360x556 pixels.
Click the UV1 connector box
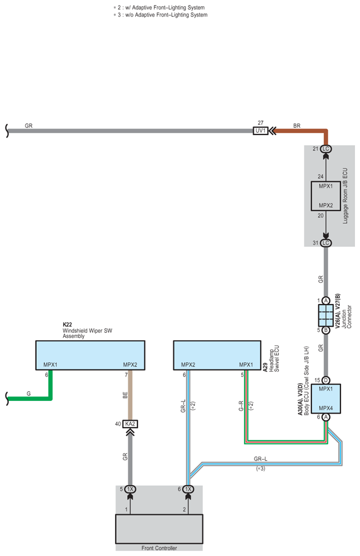point(261,131)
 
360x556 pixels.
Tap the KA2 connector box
point(130,424)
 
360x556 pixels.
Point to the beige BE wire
point(130,395)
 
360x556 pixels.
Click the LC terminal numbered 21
point(325,149)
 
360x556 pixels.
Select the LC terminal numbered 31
point(325,243)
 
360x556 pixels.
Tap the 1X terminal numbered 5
point(130,489)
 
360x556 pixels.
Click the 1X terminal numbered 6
point(188,489)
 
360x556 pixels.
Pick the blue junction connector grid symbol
point(325,316)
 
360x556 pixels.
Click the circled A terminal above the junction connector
point(325,301)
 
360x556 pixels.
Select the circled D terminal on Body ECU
point(325,380)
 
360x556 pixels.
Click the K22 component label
point(67,325)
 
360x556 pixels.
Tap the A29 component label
point(265,367)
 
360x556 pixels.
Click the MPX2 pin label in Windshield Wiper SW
point(130,365)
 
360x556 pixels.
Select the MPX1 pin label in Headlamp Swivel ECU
point(246,365)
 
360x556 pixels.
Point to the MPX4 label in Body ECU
point(325,408)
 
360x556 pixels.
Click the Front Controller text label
point(159,548)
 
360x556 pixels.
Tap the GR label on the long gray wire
point(29,126)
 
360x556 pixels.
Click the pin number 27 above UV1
point(261,123)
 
